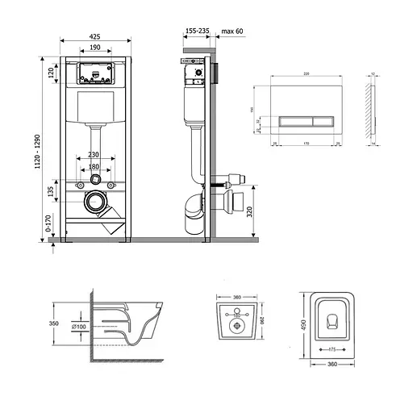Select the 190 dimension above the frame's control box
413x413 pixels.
coord(96,48)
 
